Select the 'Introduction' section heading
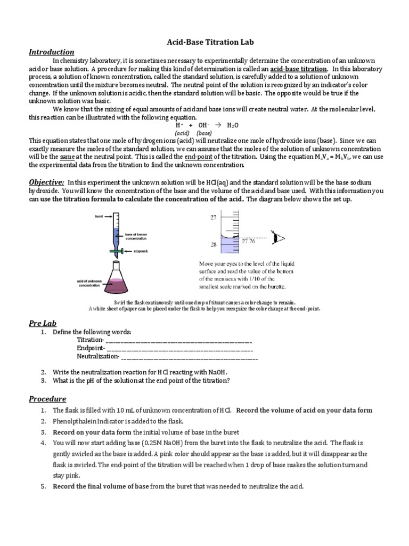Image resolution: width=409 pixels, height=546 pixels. [x=51, y=52]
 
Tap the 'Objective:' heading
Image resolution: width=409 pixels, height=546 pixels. [x=47, y=182]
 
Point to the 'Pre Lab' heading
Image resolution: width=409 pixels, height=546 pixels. [x=42, y=323]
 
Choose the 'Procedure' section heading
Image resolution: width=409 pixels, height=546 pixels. [x=47, y=399]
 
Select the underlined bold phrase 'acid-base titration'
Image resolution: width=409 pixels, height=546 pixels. [x=298, y=69]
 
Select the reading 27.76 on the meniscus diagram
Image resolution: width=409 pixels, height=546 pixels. [x=249, y=240]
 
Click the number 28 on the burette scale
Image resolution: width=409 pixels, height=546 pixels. [x=213, y=245]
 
